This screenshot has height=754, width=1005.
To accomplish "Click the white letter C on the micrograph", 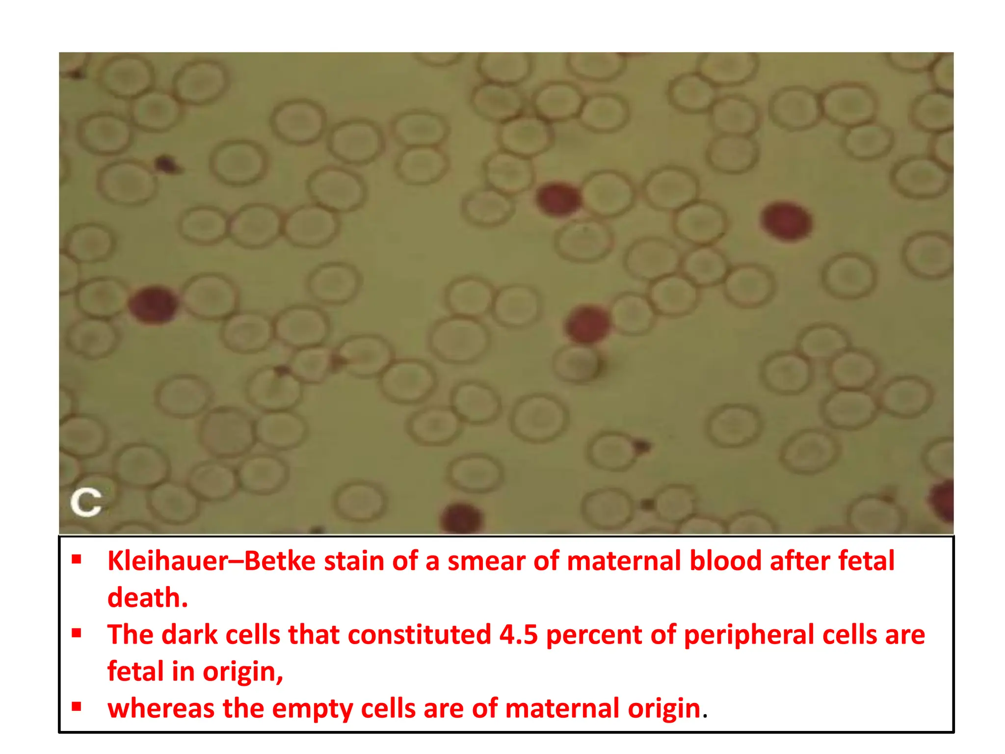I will [x=86, y=502].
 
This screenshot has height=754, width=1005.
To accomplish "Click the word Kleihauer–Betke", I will [x=212, y=561].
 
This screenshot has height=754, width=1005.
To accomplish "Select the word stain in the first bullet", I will [x=354, y=561].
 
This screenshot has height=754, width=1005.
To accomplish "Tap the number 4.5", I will [x=519, y=635].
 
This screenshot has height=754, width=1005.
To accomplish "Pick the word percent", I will [x=594, y=635].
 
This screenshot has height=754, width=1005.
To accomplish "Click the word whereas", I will [x=160, y=709].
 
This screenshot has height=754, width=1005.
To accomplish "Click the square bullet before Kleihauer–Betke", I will [x=76, y=559].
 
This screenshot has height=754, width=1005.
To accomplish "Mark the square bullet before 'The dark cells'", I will [x=76, y=633].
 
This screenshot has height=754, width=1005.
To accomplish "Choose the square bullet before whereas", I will [x=76, y=707].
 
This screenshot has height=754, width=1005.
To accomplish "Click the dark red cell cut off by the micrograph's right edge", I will [x=943, y=501].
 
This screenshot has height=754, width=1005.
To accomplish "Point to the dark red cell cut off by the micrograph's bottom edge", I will [x=461, y=519].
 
